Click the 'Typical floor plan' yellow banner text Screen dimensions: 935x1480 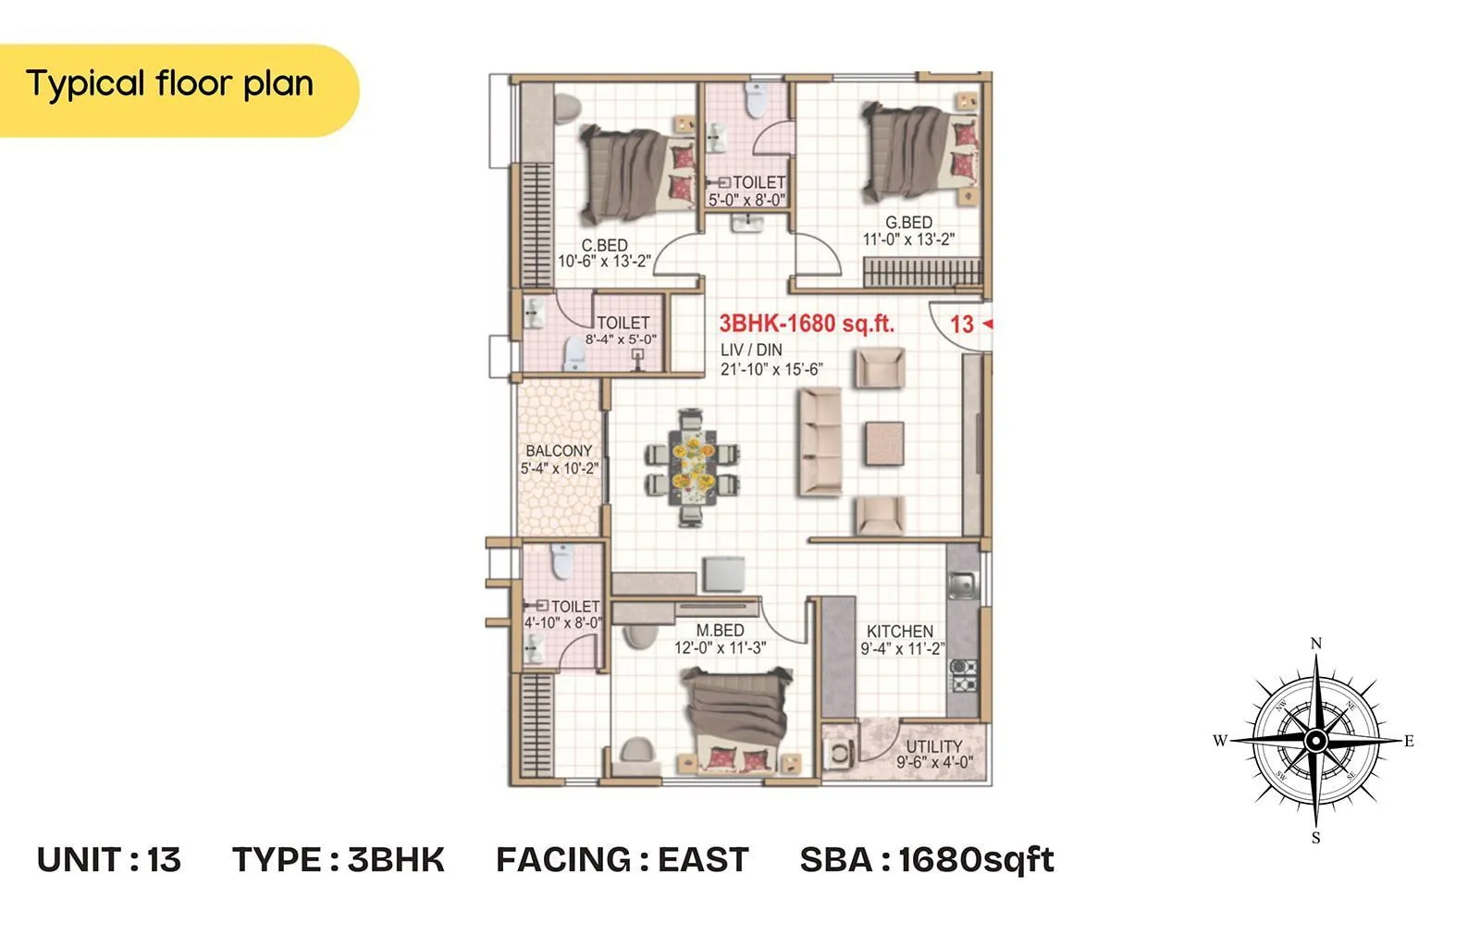[x=169, y=84]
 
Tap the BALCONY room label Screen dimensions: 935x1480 [x=559, y=451]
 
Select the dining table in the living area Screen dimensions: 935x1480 [x=692, y=468]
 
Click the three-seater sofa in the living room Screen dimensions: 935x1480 [x=820, y=441]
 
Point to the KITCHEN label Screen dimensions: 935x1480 [x=899, y=632]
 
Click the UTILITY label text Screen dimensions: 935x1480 [x=933, y=746]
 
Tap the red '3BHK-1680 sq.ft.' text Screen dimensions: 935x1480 [x=807, y=324]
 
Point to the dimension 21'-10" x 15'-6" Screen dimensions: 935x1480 [x=771, y=369]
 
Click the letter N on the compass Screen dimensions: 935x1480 [x=1316, y=643]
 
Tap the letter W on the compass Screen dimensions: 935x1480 [x=1220, y=741]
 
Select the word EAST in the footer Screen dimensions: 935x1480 [x=702, y=860]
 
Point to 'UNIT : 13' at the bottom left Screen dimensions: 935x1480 [x=109, y=860]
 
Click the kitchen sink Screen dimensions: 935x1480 [x=962, y=584]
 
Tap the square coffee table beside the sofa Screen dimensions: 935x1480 [x=884, y=443]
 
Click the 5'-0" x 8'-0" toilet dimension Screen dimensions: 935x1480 [x=746, y=200]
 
